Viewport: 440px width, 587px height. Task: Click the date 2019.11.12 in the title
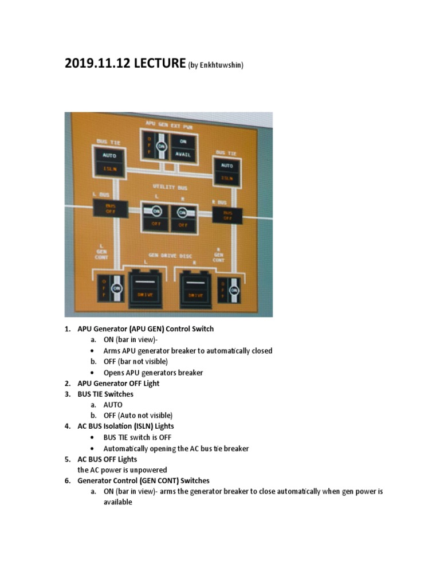97,62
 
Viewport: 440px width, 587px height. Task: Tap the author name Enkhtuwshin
221,65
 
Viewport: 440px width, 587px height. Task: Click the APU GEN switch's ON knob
161,147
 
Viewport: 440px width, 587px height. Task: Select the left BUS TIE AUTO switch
109,155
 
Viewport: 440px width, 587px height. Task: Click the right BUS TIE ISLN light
227,177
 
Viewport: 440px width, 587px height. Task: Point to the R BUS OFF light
227,215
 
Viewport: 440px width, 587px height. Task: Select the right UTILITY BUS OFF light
183,225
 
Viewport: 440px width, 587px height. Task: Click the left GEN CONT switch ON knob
116,288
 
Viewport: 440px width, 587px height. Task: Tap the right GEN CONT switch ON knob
234,291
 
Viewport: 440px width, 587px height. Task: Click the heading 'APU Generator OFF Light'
119,383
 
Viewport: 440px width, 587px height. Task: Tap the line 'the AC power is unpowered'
122,469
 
